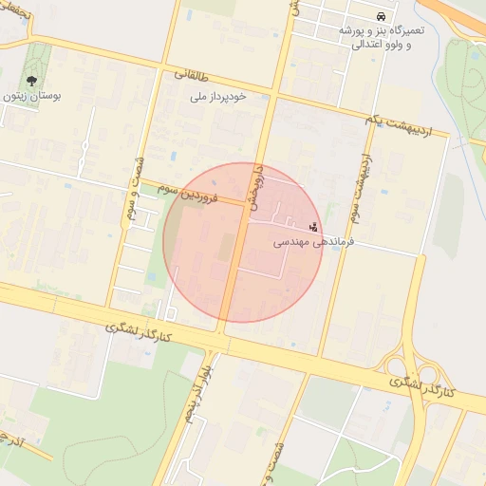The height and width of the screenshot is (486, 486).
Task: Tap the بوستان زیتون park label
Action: [34, 97]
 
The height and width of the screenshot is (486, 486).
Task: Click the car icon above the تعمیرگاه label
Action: [381, 17]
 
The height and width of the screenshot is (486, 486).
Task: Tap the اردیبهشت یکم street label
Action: [402, 122]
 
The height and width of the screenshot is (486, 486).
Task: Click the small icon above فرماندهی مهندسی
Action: [314, 227]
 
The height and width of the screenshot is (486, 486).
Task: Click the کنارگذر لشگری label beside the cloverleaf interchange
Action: [423, 385]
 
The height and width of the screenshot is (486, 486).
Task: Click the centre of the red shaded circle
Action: [244, 242]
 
